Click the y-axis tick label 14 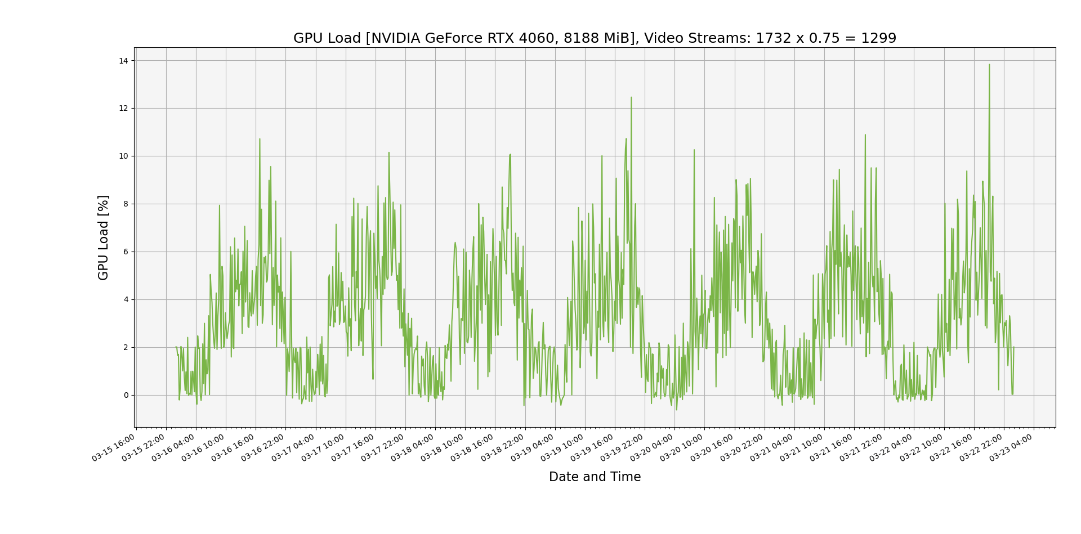(x=123, y=61)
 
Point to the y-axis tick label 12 (x=123, y=109)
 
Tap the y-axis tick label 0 (x=126, y=395)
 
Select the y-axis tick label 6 (x=126, y=252)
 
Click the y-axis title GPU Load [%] (x=103, y=237)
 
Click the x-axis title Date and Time (x=595, y=477)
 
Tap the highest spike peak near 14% (x=989, y=65)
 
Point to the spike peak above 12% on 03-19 (x=631, y=97)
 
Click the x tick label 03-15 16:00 (x=114, y=448)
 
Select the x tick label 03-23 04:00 (x=1012, y=448)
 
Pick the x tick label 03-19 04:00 (x=533, y=448)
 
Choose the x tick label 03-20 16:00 (x=713, y=448)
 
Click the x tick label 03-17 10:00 (x=324, y=448)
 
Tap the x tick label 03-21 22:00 (x=862, y=448)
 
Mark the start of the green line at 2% (x=176, y=347)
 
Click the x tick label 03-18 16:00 (x=473, y=448)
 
